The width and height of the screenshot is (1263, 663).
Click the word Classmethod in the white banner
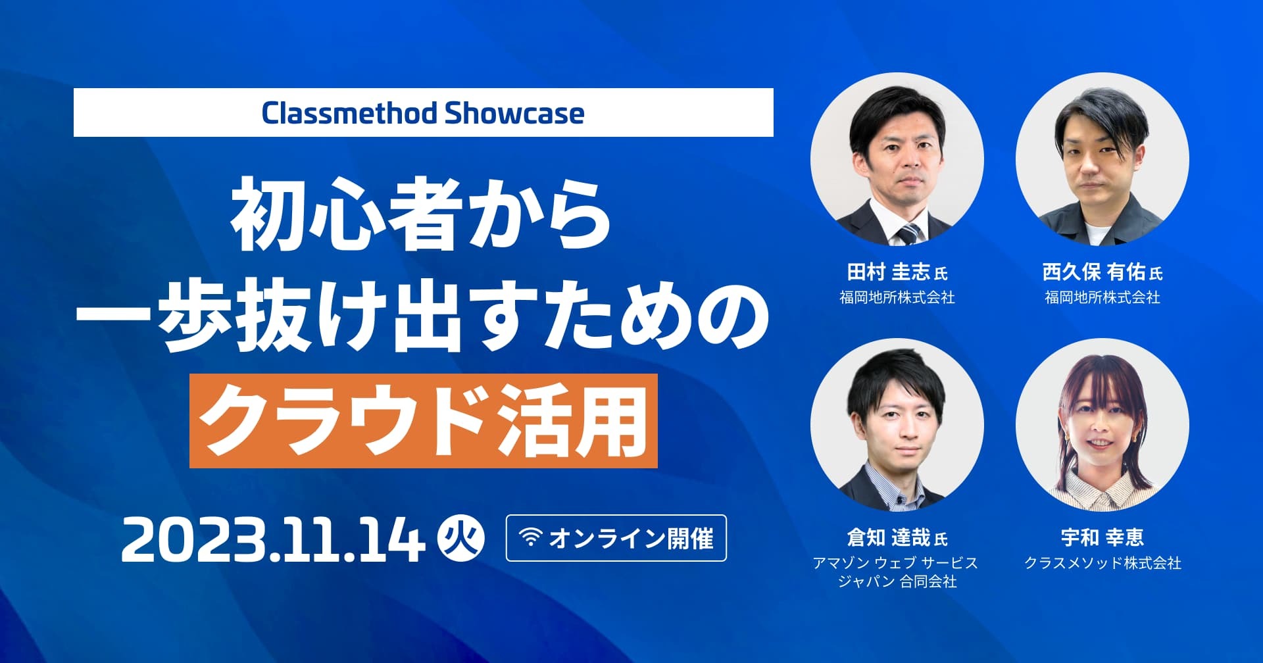pos(349,113)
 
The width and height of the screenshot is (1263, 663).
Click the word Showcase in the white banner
pos(514,113)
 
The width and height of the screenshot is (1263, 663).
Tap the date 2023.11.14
pos(274,539)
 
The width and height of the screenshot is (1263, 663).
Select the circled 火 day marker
pos(461,539)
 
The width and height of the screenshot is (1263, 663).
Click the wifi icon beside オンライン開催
pos(530,537)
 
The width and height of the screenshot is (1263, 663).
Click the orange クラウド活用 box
pos(424,421)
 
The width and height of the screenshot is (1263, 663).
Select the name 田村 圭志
pos(889,272)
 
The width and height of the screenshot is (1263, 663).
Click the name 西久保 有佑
pos(1093,272)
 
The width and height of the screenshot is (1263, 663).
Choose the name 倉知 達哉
pos(889,537)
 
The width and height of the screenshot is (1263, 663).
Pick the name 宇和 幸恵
pos(1102,537)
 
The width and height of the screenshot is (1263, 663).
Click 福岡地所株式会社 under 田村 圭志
pos(897,297)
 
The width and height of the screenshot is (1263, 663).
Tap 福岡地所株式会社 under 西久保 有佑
pos(1102,297)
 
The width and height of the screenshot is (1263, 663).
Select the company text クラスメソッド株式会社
pos(1102,563)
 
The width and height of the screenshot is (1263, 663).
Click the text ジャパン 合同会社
pos(897,581)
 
